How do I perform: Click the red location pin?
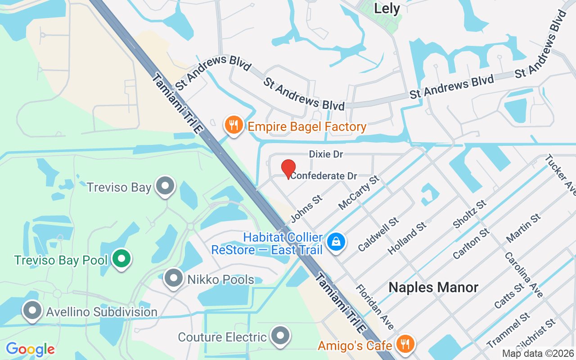pos(288,169)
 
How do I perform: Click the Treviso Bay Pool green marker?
pos(121,259)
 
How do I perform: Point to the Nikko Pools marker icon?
pos(173,279)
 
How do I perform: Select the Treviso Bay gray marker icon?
pos(165,186)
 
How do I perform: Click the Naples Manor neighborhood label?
pos(433,287)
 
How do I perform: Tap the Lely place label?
pos(387,9)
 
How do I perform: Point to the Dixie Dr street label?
pos(326,154)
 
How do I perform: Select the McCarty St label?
pos(359,193)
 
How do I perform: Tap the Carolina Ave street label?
pos(523,274)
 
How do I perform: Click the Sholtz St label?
pos(470,214)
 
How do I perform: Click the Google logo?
pos(30,349)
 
